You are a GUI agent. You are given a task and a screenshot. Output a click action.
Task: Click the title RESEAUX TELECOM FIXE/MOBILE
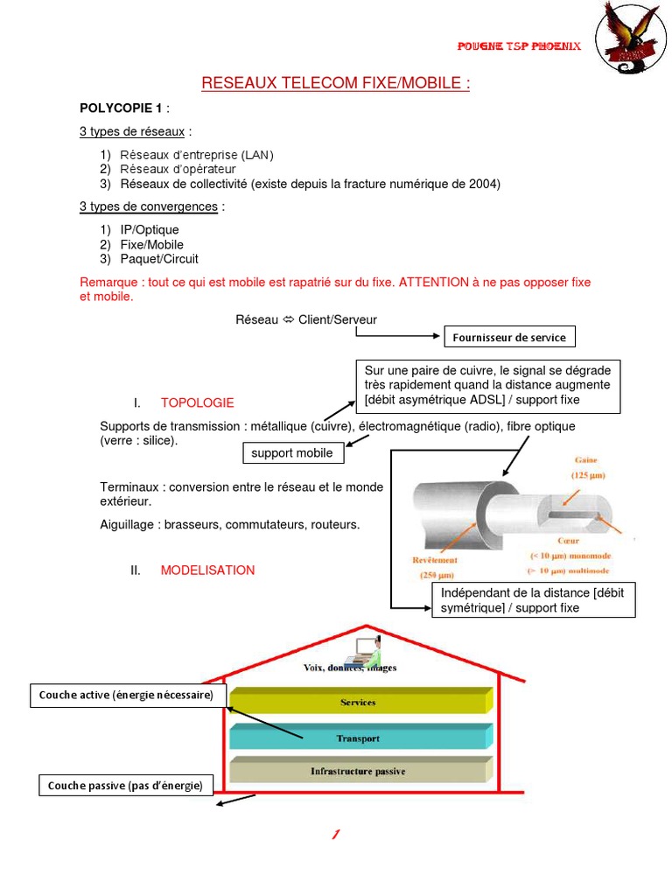coord(336,84)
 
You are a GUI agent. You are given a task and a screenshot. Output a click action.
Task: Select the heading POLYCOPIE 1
coord(121,108)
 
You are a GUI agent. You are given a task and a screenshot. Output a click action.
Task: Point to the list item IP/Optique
coord(150,230)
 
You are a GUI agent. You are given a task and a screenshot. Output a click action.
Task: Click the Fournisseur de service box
coord(511,338)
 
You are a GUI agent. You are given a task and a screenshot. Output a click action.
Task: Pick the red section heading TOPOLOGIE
coord(198,403)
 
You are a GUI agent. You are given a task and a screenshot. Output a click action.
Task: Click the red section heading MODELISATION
coord(207,570)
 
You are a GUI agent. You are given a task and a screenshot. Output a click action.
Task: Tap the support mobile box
coord(292,453)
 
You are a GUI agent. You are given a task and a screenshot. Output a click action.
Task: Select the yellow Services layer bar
coord(358,703)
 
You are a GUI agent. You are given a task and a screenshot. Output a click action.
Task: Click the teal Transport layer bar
coord(358,738)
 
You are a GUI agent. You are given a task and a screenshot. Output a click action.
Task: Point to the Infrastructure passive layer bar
coord(358,772)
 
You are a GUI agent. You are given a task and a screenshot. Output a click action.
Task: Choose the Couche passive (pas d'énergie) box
coord(125,786)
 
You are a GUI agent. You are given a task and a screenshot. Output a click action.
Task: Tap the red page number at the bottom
coord(335,836)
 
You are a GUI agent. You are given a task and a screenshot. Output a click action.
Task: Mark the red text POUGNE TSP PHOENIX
coord(520,46)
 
